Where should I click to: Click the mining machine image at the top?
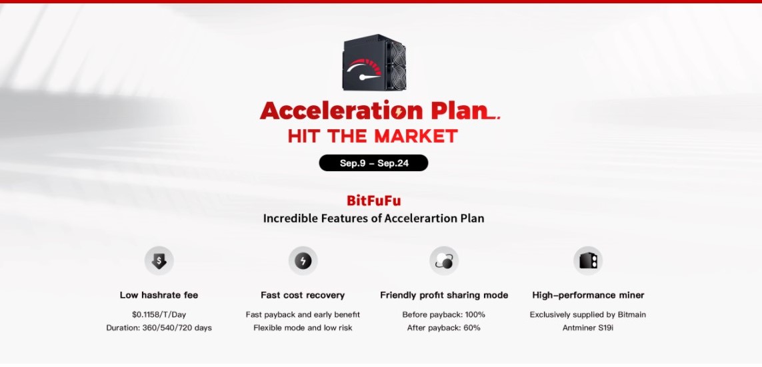point(374,62)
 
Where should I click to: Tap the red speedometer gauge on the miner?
point(365,69)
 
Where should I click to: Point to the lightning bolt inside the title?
point(399,113)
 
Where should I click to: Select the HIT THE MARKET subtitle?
point(373,137)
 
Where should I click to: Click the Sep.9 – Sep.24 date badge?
point(373,163)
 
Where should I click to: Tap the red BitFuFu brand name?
point(374,200)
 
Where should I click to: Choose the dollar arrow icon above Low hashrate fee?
point(159,260)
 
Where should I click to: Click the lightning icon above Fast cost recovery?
point(303,260)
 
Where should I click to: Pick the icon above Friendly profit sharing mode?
point(444,260)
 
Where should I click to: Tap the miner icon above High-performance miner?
point(588,260)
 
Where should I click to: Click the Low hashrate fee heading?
point(159,295)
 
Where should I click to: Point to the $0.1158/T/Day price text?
point(159,314)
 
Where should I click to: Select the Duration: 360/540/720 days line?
point(159,328)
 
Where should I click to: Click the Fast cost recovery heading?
point(303,295)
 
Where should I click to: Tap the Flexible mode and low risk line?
point(303,328)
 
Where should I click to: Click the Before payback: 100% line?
point(444,314)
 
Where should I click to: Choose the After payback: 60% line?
point(444,328)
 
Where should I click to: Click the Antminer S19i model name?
point(588,328)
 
